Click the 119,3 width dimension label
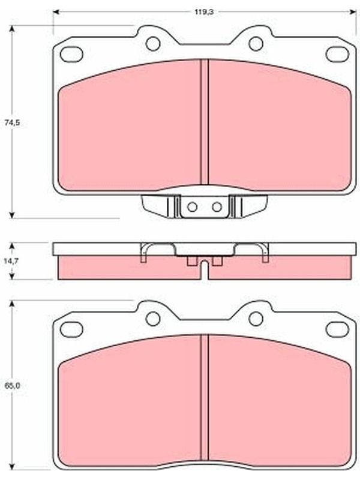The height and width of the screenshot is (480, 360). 205,12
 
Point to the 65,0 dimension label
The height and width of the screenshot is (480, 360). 12,386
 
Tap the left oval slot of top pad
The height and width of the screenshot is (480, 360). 71,54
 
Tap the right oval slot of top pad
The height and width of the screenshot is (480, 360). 338,54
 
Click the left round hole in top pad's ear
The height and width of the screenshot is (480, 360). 153,44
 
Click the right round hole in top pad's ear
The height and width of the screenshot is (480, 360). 256,44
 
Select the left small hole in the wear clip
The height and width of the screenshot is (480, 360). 192,207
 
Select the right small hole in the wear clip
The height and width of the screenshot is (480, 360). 217,207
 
